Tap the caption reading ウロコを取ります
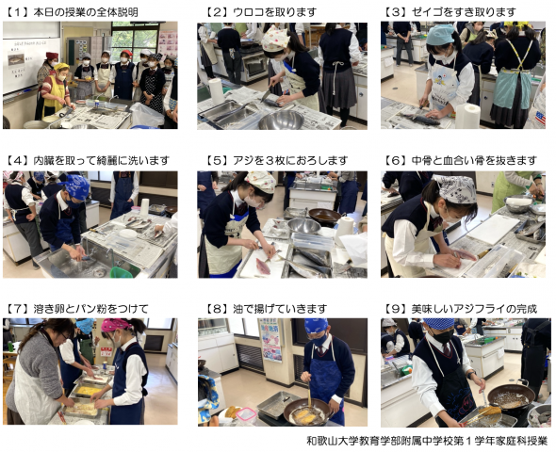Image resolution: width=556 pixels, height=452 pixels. (274, 13)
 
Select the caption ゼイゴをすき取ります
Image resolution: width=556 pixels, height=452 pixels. (463, 13)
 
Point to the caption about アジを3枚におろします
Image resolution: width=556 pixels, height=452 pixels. (289, 161)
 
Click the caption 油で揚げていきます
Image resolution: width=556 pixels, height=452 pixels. (280, 309)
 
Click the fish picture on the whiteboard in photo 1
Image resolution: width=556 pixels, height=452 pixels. (16, 59)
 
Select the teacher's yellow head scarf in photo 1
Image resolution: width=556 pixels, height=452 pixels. (60, 67)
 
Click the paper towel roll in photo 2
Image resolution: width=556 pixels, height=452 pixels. (216, 90)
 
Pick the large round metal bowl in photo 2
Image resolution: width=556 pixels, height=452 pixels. (281, 121)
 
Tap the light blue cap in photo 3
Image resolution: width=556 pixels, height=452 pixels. (440, 35)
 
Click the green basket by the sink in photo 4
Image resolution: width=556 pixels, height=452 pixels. (122, 272)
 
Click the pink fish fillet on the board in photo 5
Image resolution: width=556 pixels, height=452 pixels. (263, 266)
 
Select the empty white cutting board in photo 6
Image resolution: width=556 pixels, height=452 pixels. (493, 229)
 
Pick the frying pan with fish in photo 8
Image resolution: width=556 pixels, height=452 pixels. (306, 412)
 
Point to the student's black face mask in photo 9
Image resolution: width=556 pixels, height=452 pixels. (443, 336)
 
